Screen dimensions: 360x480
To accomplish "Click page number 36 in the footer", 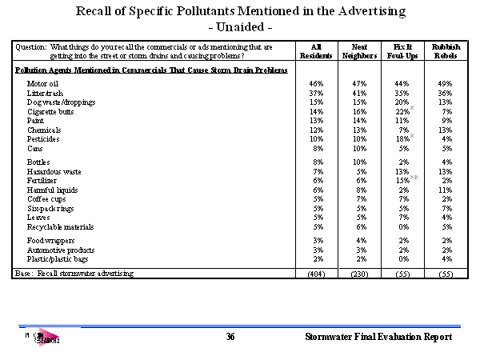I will (x=230, y=338).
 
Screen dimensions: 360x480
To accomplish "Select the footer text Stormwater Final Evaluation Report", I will (x=378, y=338).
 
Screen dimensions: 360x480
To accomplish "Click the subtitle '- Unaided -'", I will (x=240, y=26).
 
